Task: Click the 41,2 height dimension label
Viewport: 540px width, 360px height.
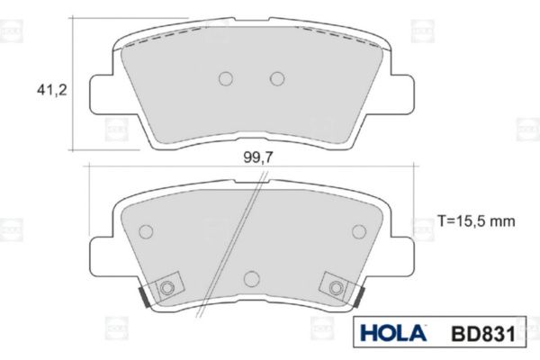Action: click(52, 90)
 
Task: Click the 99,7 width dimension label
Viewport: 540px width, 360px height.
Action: click(258, 157)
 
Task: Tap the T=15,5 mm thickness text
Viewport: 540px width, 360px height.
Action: click(476, 220)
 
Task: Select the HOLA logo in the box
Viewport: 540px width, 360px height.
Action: click(393, 333)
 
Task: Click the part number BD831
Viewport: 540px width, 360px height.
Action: click(483, 334)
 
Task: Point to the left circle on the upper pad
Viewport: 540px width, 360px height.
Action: click(226, 78)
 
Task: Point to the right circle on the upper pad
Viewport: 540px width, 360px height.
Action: click(277, 78)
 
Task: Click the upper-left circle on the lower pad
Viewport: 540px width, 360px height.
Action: click(146, 231)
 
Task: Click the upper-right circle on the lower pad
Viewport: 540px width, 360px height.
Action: click(359, 231)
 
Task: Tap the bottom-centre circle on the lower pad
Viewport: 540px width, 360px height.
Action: click(251, 278)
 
